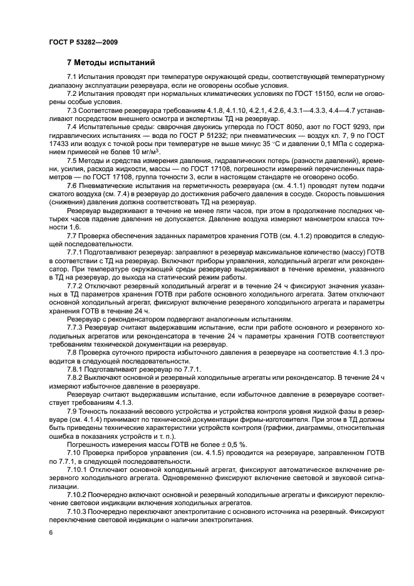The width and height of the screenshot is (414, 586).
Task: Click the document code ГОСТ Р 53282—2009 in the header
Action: [x=83, y=41]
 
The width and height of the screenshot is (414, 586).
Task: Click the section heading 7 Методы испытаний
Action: [x=108, y=63]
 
